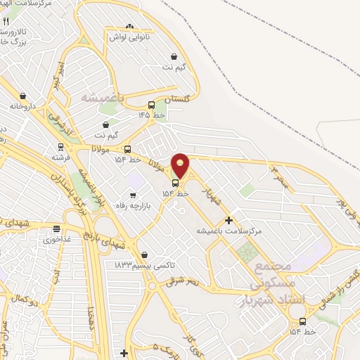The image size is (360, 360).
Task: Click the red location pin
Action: [x=181, y=165]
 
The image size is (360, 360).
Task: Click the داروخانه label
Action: [x=22, y=106]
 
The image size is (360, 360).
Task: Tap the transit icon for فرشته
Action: [x=60, y=148]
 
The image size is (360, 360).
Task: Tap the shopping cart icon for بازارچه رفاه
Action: [x=132, y=195]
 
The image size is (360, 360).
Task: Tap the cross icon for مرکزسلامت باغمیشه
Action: [x=229, y=220]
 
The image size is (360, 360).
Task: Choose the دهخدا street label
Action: [x=91, y=318]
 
